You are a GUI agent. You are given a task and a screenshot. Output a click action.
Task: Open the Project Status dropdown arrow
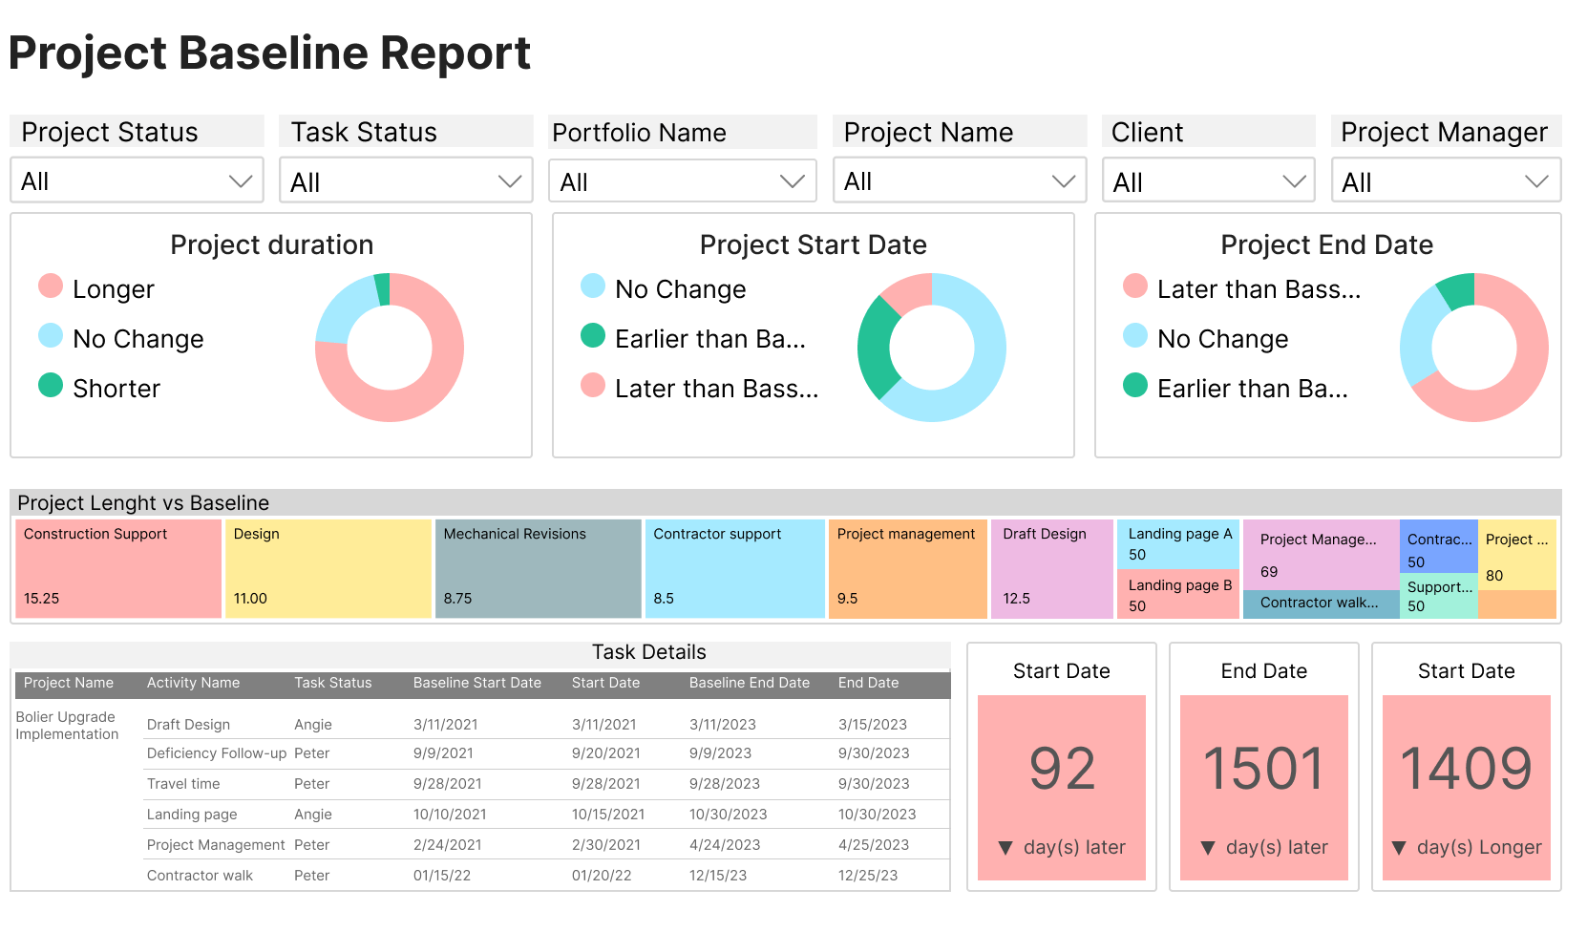coord(240,181)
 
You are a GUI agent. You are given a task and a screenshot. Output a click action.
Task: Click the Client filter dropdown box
coord(1208,181)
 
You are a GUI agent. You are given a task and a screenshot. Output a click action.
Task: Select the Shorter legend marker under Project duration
coord(51,386)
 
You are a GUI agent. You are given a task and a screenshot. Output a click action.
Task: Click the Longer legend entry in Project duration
coord(113,289)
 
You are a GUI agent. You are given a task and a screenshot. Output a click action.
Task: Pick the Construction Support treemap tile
coord(118,568)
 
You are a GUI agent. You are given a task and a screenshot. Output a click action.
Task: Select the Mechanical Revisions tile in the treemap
coord(538,568)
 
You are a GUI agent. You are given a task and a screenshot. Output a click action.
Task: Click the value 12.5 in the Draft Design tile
coord(1016,599)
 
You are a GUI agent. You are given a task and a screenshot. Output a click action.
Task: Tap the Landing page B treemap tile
coord(1178,595)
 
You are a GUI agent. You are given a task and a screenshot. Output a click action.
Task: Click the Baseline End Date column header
coord(749,683)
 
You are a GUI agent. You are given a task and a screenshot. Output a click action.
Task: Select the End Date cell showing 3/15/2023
coord(872,725)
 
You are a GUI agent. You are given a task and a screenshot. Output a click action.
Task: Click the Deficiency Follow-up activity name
coord(216,753)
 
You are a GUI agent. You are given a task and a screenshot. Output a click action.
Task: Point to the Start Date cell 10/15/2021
coord(607,815)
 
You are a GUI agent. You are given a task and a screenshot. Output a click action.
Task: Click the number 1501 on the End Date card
coord(1263,769)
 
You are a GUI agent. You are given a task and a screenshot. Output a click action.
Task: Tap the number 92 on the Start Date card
coord(1061,769)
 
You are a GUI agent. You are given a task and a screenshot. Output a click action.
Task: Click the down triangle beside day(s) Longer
coord(1399,848)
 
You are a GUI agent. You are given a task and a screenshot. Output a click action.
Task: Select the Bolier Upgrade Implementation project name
coord(67,726)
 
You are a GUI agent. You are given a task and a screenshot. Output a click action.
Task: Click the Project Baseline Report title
coord(269,53)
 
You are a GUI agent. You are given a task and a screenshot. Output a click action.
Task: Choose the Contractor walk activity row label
coord(200,876)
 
